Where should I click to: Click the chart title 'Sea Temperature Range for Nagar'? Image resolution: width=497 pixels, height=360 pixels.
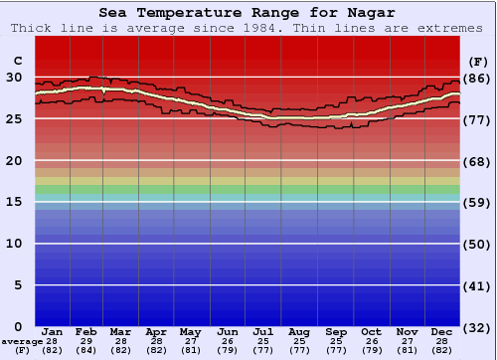coord(248,13)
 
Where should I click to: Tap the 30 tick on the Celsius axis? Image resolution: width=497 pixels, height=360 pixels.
coord(14,77)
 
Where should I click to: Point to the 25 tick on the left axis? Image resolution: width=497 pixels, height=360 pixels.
coord(14,118)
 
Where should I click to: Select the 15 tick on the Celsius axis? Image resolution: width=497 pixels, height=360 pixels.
coord(14,202)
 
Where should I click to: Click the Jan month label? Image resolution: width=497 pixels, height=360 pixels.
coord(53,331)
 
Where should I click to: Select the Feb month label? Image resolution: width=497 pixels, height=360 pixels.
coord(87,331)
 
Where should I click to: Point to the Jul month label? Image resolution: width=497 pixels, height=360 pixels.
coord(263,331)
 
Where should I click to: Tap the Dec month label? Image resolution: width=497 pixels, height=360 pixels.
coord(442,331)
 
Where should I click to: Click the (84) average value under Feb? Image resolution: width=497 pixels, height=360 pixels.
coord(87,350)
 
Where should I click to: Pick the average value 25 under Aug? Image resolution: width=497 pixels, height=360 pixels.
coord(299,340)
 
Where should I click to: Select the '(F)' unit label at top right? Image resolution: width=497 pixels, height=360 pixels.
coord(479,61)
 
